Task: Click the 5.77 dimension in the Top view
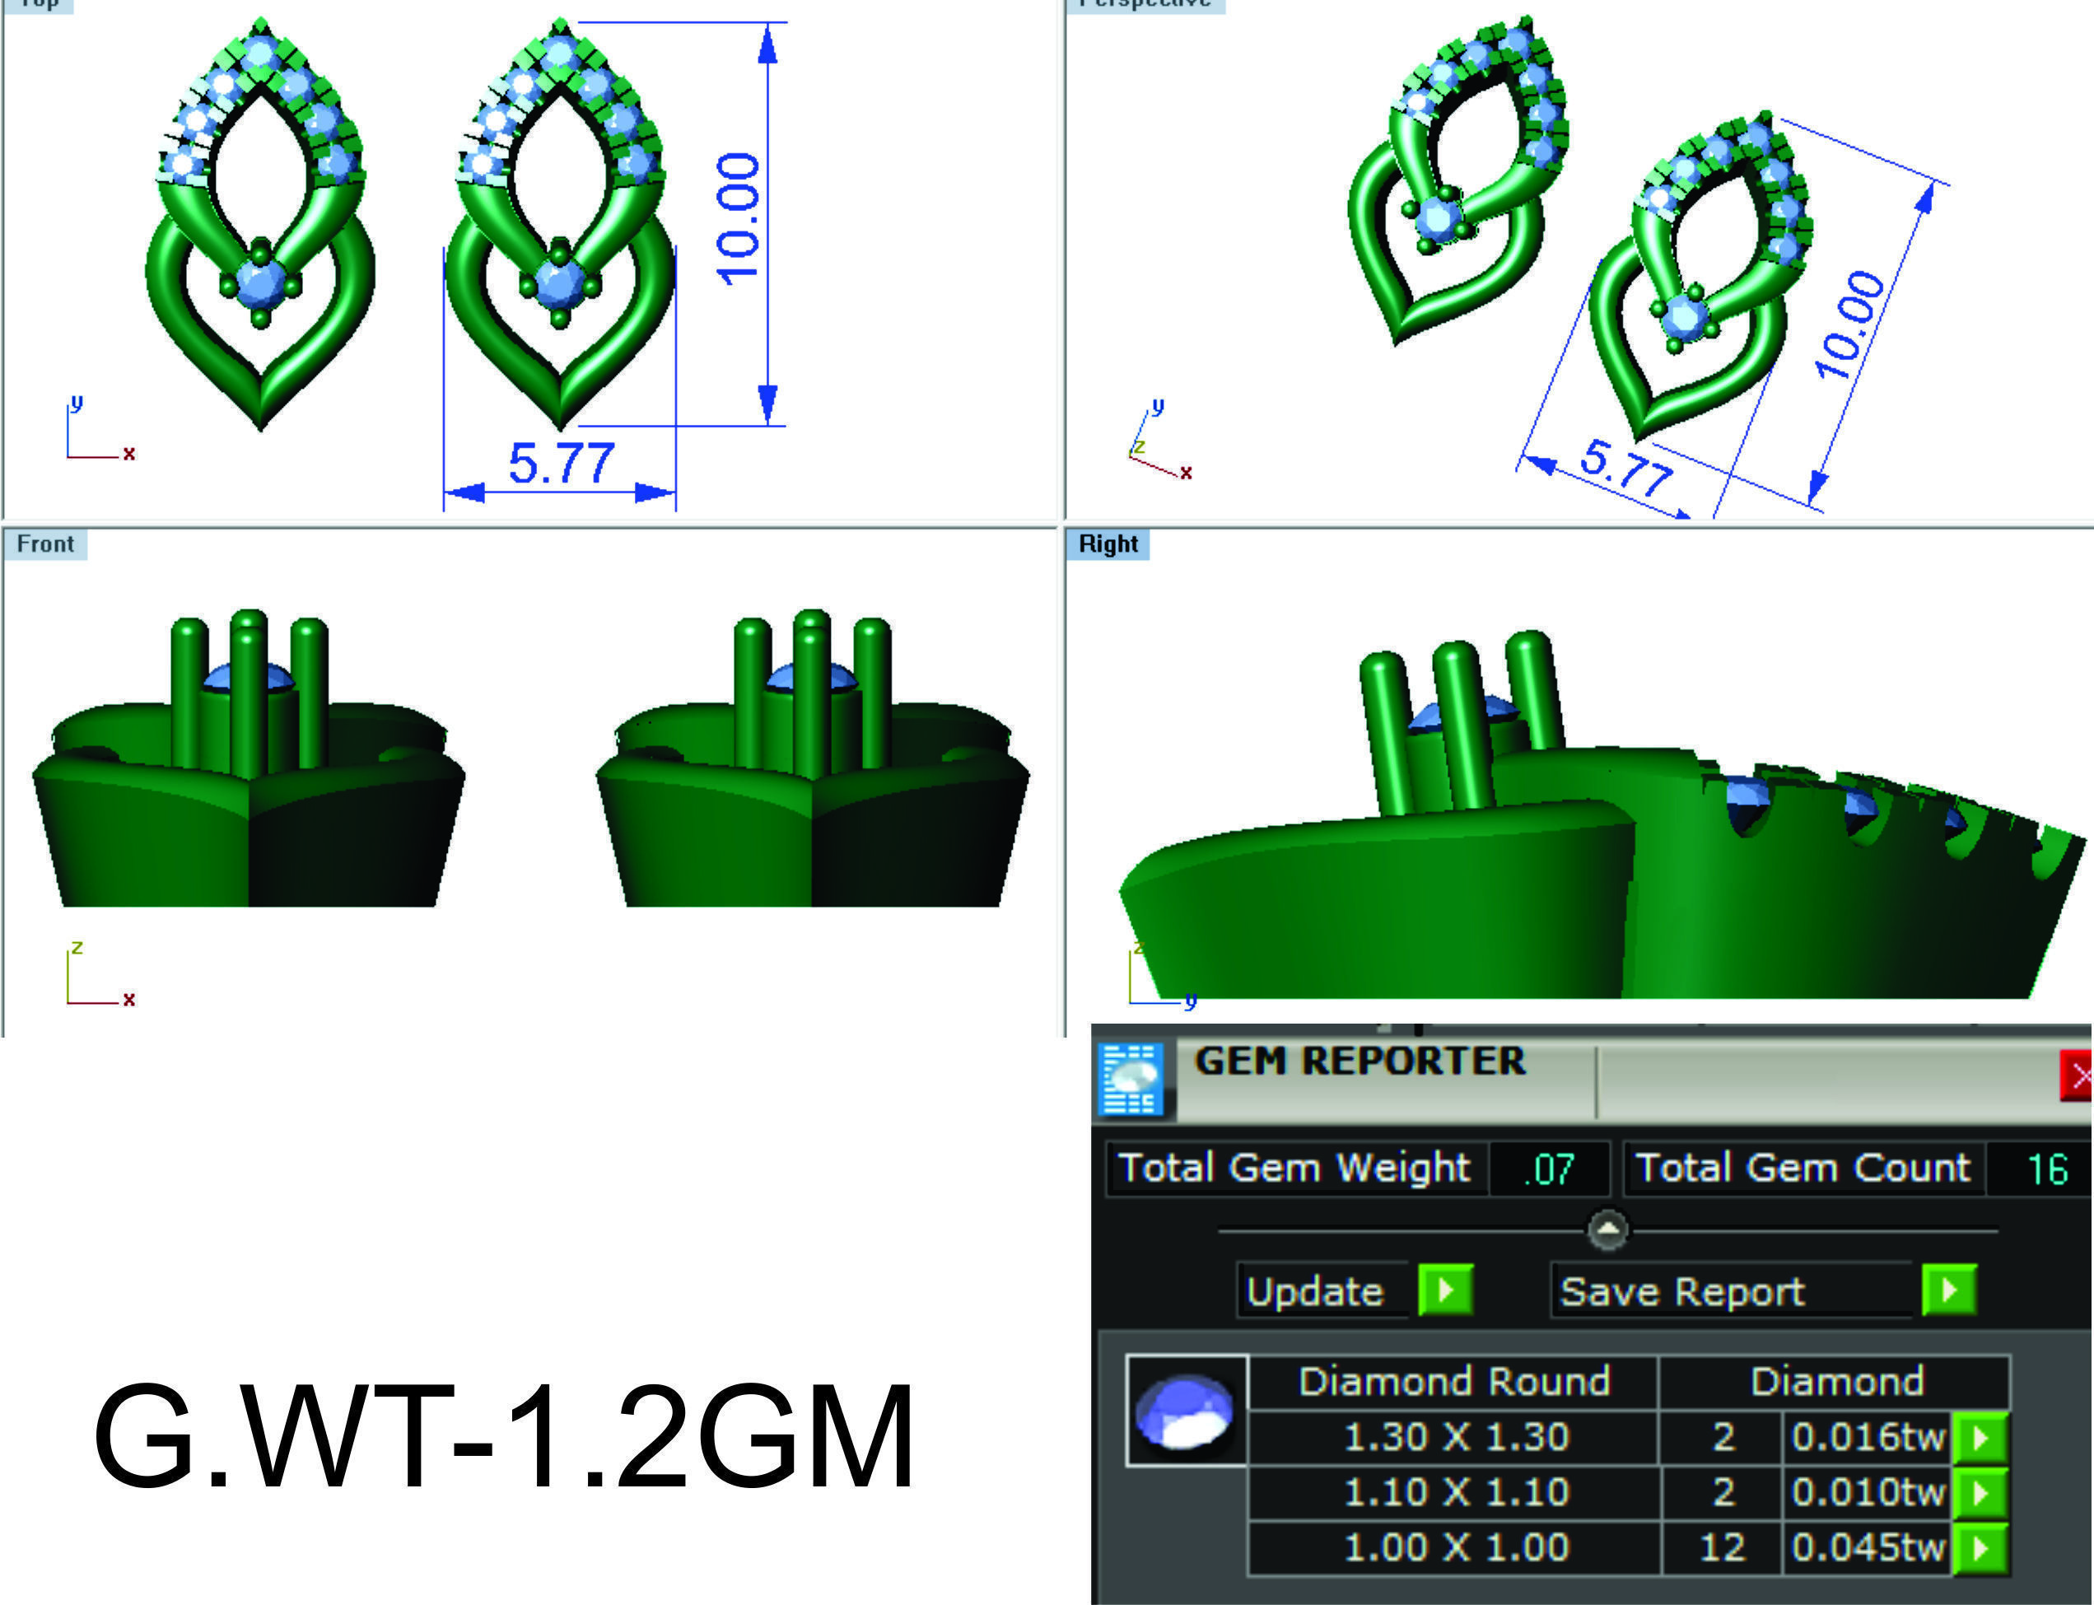[561, 464]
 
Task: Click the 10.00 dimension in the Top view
[739, 220]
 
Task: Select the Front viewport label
[45, 544]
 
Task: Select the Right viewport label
[1108, 544]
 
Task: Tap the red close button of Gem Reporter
[2077, 1076]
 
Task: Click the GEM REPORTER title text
[1359, 1061]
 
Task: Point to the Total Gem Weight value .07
[1549, 1169]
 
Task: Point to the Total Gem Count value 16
[2047, 1169]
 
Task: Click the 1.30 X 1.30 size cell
[1456, 1437]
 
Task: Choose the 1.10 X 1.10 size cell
[1456, 1491]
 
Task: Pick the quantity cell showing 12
[1723, 1547]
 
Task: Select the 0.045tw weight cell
[1868, 1547]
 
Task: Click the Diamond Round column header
[1454, 1382]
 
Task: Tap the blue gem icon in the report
[1186, 1411]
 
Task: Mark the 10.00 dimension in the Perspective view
[1850, 324]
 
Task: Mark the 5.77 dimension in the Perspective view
[1626, 468]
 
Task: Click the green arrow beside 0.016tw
[1980, 1437]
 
